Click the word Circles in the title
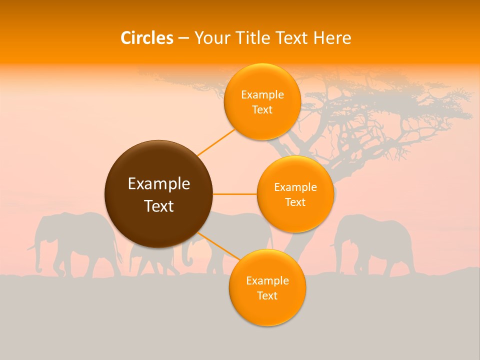[x=146, y=37]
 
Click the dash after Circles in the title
[x=183, y=38]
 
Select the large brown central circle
[x=158, y=194]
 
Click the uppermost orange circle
[x=262, y=101]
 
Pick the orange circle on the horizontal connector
[x=295, y=194]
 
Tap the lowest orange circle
[x=267, y=287]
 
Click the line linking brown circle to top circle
[x=216, y=142]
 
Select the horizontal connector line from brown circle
[x=234, y=194]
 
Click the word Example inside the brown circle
[x=159, y=184]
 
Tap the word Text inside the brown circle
[x=159, y=206]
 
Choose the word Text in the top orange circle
[x=262, y=110]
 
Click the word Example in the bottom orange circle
[x=267, y=280]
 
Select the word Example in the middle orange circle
[x=295, y=187]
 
